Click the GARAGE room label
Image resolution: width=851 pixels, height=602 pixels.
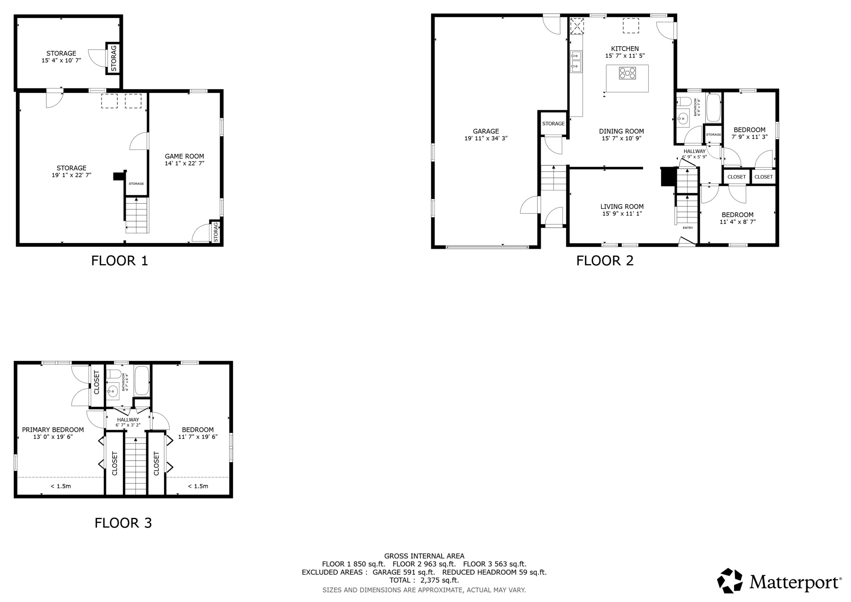point(486,131)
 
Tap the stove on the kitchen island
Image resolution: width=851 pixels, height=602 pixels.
point(627,73)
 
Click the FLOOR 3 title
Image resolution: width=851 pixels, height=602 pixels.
point(123,523)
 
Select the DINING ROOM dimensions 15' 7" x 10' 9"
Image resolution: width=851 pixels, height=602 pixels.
point(621,138)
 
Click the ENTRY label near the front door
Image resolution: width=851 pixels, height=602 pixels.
point(688,228)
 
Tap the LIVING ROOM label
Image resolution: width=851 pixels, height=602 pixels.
point(622,207)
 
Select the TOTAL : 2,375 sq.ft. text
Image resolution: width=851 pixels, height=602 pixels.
point(424,580)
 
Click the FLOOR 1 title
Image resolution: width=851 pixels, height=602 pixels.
point(119,261)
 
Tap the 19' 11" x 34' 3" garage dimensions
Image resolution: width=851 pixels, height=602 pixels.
point(486,138)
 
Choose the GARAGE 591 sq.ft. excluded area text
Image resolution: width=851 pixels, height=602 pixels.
point(404,572)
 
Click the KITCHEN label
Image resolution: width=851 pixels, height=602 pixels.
point(625,49)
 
